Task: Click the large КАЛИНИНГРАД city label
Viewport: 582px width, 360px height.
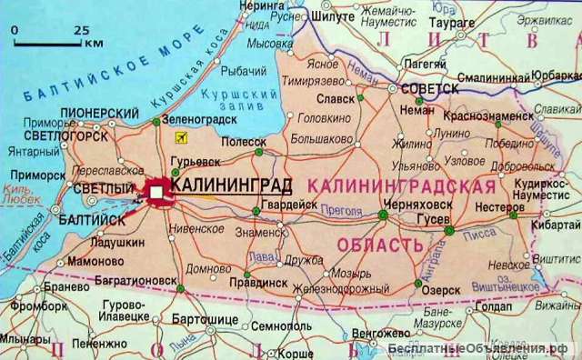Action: (x=231, y=185)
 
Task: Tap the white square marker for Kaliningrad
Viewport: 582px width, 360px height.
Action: (x=157, y=192)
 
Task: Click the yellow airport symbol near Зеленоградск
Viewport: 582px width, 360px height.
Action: (x=179, y=136)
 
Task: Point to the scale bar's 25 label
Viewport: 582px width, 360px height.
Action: (x=81, y=30)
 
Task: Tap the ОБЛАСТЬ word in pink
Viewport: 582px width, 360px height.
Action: (x=379, y=244)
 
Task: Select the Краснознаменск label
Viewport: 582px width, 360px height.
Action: (x=487, y=116)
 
